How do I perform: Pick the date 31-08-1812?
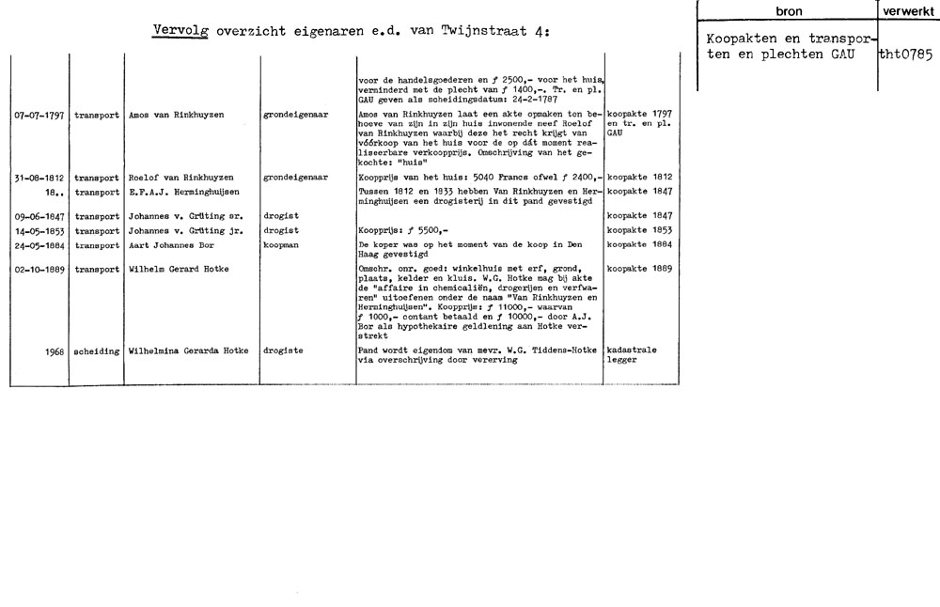pos(39,177)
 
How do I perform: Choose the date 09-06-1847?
pos(39,215)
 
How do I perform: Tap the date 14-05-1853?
pos(39,230)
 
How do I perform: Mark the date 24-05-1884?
pos(39,244)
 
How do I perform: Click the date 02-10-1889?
pos(39,270)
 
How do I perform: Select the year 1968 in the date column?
pos(53,351)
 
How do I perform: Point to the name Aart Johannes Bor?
pos(167,244)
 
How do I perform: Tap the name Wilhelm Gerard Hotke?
pos(178,270)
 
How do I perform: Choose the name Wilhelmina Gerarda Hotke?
pos(186,351)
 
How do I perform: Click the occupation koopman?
pos(283,244)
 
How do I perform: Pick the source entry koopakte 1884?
pos(640,244)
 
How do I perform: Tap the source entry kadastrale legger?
pos(633,356)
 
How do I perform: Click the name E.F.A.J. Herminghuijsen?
pos(180,190)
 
